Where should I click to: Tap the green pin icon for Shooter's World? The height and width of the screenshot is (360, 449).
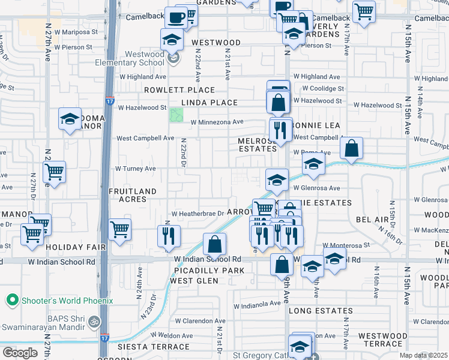tap(11, 300)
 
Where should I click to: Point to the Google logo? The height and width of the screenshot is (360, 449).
tap(20, 352)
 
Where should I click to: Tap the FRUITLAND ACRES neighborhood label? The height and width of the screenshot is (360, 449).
tap(128, 195)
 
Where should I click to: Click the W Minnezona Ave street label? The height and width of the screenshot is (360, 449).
tap(217, 122)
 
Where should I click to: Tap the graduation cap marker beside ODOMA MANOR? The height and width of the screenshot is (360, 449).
tap(70, 119)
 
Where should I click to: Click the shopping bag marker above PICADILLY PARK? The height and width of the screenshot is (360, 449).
tap(214, 244)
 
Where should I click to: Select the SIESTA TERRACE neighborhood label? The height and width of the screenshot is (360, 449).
tap(154, 347)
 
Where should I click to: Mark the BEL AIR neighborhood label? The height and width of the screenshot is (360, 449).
tap(373, 220)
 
